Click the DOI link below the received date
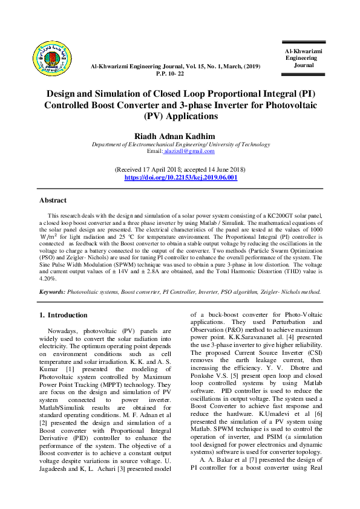click(180, 177)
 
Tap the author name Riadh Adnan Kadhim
click(180, 136)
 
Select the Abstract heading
click(53, 200)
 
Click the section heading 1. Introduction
click(63, 315)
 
